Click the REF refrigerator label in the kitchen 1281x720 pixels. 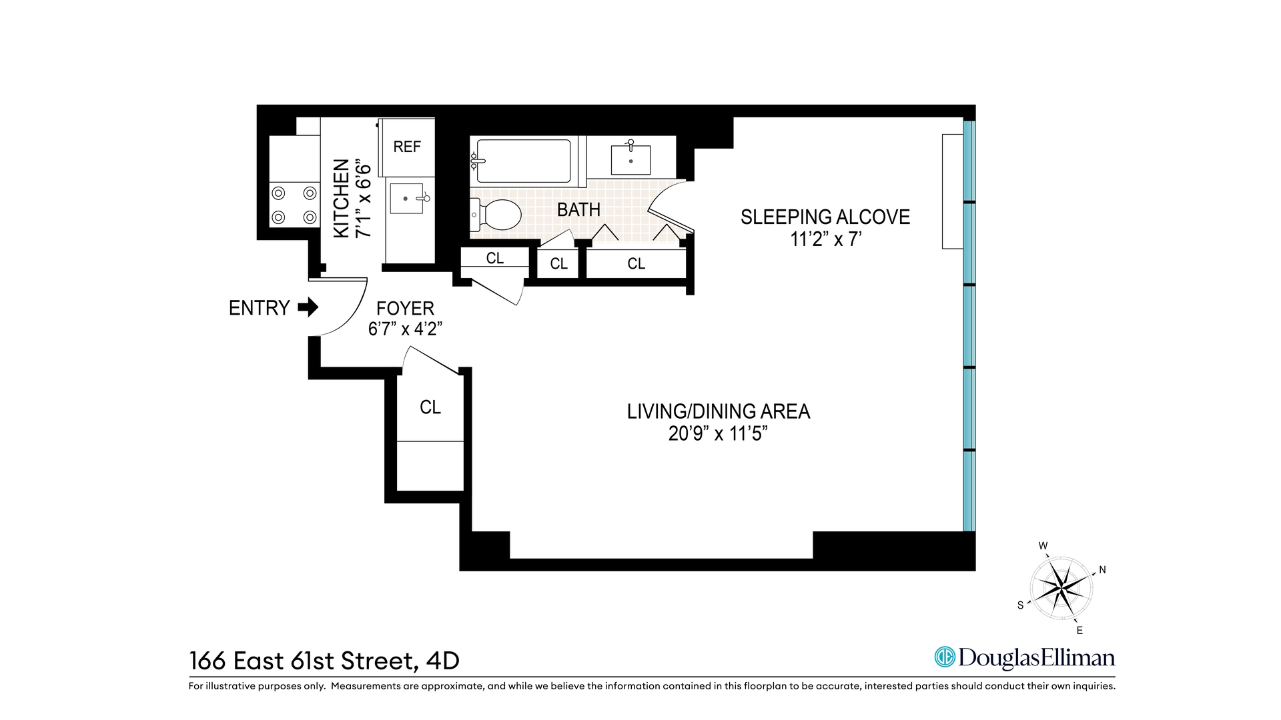coord(407,147)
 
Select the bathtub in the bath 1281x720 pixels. coord(524,160)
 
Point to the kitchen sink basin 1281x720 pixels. coord(406,198)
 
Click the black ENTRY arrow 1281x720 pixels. coord(308,307)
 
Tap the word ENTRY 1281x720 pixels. coord(259,308)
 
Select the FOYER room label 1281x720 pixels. coord(405,308)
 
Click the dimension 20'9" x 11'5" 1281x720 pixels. coord(718,434)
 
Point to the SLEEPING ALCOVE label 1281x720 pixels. coord(825,217)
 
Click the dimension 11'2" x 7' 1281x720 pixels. coord(825,239)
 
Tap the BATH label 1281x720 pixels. coord(578,209)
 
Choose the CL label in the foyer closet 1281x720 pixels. coord(430,407)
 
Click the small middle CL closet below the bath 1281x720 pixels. coord(558,264)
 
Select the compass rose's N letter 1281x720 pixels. coord(1102,570)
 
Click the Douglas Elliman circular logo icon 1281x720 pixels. coord(945,657)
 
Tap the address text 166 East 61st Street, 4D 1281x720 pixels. coord(324,661)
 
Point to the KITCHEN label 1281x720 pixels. coord(341,198)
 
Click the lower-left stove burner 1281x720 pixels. coord(278,217)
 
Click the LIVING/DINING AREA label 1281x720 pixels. coord(718,411)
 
